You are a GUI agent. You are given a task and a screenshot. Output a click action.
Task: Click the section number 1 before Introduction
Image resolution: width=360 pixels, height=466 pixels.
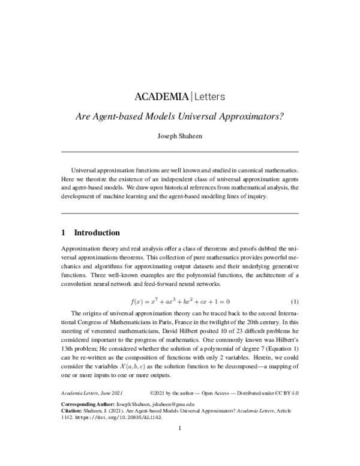(x=64, y=233)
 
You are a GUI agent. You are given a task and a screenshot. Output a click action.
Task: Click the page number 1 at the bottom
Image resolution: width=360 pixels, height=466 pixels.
(x=179, y=445)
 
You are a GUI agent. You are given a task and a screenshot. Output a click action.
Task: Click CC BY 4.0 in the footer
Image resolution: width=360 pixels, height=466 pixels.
(x=285, y=393)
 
